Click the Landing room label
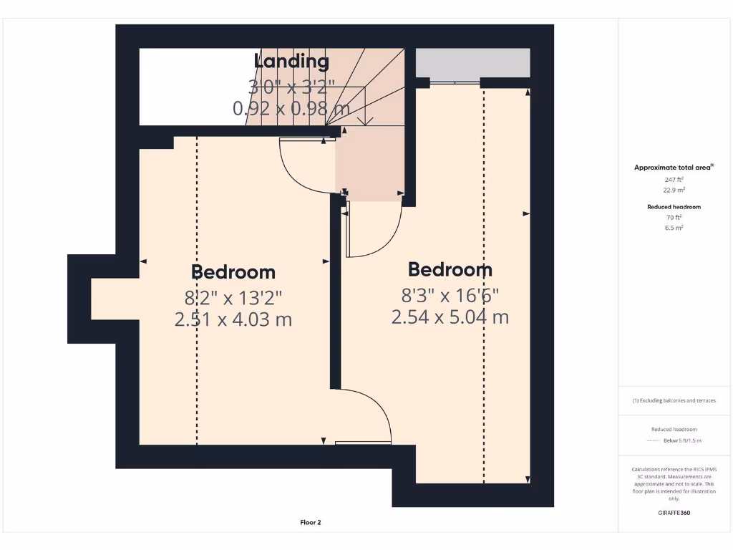coord(291,62)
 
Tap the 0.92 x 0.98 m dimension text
coord(291,109)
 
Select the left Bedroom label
coord(233,272)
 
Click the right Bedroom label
coord(450,270)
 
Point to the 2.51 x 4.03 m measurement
coord(233,319)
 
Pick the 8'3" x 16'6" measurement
coord(450,294)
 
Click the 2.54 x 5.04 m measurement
coord(450,317)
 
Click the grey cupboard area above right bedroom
coord(473,63)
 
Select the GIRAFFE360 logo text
coord(674,513)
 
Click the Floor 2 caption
coord(311,523)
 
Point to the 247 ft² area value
coord(674,180)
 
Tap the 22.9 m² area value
coord(674,190)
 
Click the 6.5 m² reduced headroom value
coord(674,228)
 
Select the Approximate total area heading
coord(672,168)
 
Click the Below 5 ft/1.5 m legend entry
coord(682,441)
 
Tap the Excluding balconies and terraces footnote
coord(674,401)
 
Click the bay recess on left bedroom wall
coord(115,299)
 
